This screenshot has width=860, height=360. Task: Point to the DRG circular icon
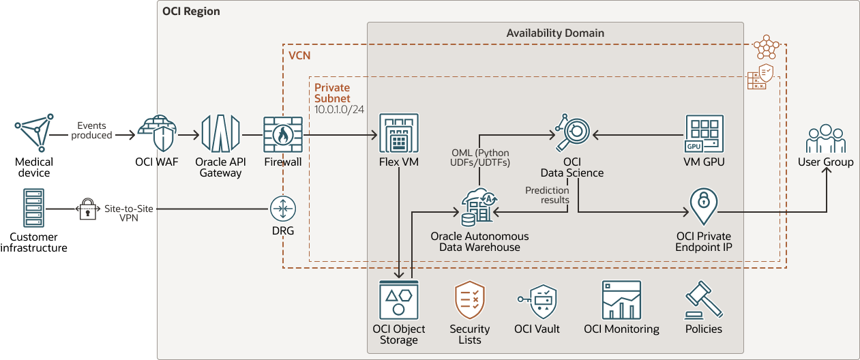282,208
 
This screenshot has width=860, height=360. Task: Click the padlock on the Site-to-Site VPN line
87,209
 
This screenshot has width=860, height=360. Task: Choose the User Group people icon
825,139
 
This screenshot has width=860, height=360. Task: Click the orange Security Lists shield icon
469,300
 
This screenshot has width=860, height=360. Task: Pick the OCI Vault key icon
537,301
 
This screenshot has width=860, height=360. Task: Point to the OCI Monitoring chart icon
621,300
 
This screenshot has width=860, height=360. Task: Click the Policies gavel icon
703,301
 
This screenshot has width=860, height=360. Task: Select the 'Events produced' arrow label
95,130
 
